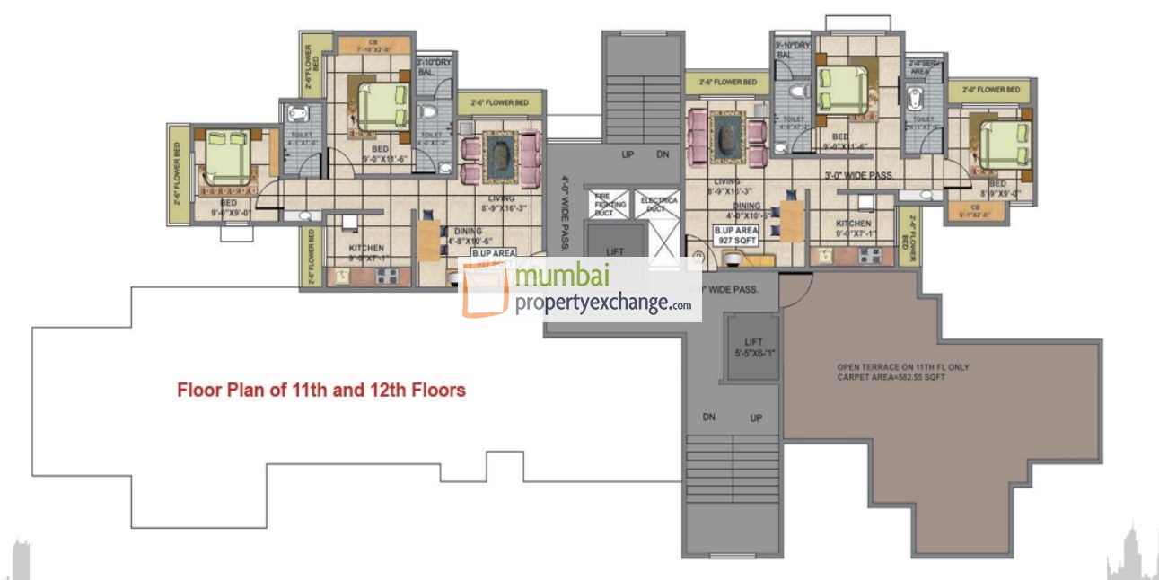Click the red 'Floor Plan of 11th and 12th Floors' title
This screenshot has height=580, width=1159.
coord(320,391)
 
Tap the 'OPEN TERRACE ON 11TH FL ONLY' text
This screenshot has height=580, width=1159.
coord(902,367)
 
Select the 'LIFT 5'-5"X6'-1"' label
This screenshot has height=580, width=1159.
coord(752,347)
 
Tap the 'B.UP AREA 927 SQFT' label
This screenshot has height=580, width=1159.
coord(735,236)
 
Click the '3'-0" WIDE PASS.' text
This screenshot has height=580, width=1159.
coord(857,175)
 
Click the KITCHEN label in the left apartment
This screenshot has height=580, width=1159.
coord(366,248)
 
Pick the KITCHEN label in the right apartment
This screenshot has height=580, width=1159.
coord(853,224)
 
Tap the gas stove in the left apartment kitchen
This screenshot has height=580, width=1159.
coord(387,277)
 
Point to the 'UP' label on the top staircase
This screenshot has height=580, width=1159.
coord(628,155)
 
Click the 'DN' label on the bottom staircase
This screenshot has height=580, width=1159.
coord(708,417)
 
